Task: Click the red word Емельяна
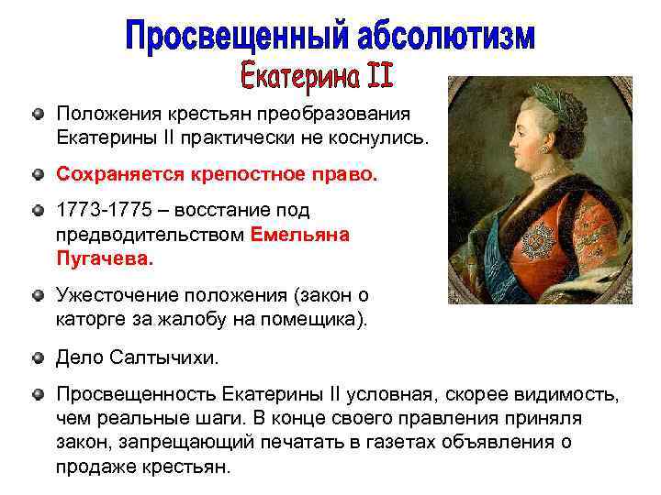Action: click(x=299, y=234)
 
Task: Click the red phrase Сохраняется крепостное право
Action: click(x=217, y=172)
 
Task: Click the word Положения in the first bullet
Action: click(x=107, y=112)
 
